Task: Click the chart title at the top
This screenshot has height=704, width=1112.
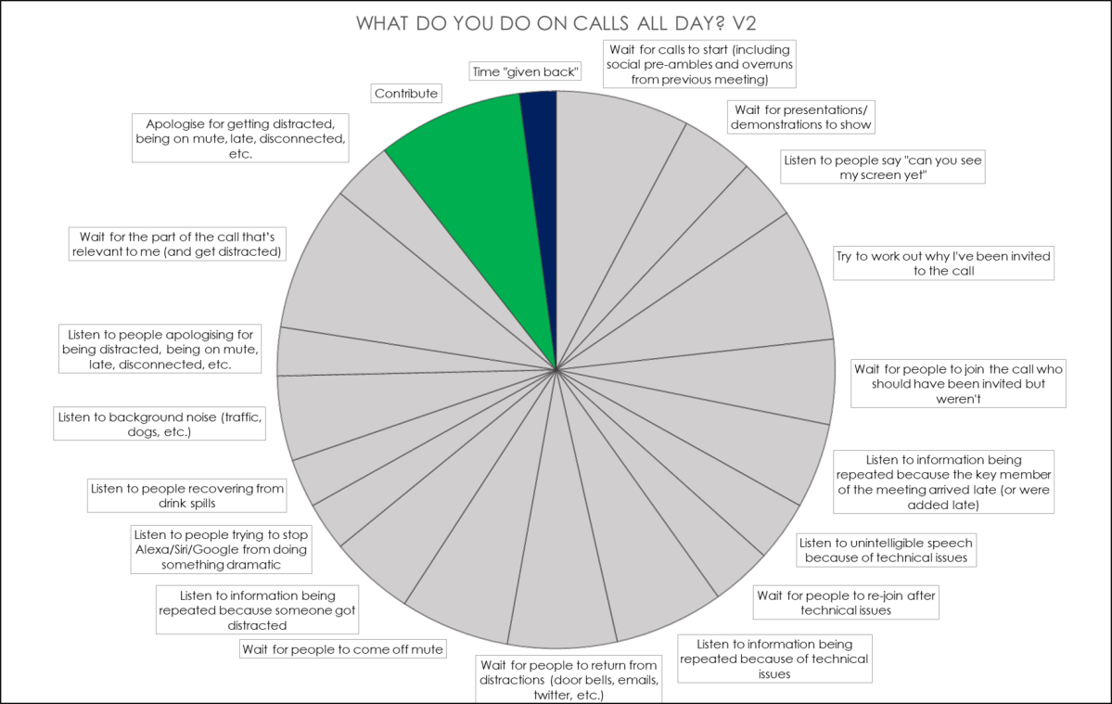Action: pyautogui.click(x=556, y=22)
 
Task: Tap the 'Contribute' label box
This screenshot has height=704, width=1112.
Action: pyautogui.click(x=405, y=93)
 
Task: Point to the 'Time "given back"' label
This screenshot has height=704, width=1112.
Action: pyautogui.click(x=525, y=71)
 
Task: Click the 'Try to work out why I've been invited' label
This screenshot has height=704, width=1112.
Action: pyautogui.click(x=944, y=262)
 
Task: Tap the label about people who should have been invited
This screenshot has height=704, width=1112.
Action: pyautogui.click(x=957, y=383)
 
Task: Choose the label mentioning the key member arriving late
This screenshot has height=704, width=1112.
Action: pyautogui.click(x=944, y=482)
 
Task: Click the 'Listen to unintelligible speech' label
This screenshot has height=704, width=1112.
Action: pyautogui.click(x=886, y=549)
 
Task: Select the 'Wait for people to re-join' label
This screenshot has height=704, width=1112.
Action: pyautogui.click(x=845, y=603)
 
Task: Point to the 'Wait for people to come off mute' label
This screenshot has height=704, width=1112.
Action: pyautogui.click(x=342, y=648)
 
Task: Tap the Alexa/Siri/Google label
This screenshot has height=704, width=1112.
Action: pyautogui.click(x=221, y=549)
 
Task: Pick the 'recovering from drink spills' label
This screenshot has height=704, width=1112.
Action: pyautogui.click(x=186, y=495)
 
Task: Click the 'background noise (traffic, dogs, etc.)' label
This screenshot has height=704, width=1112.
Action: pyautogui.click(x=160, y=424)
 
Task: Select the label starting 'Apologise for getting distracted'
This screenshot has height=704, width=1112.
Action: pyautogui.click(x=246, y=138)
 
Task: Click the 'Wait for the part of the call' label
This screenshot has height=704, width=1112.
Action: pyautogui.click(x=174, y=243)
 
